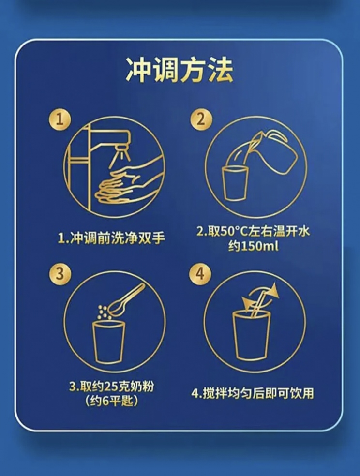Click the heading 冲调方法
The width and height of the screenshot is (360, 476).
tap(180, 70)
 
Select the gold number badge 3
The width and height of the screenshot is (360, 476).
tap(60, 273)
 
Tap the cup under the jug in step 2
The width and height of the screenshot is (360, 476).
tap(235, 183)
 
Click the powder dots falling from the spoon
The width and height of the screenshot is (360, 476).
tap(103, 312)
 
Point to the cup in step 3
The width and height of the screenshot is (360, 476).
tap(108, 342)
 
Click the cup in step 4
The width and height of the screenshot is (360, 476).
tap(251, 335)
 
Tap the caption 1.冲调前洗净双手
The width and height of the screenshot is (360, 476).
tap(111, 238)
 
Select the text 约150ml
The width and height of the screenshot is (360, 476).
tap(253, 246)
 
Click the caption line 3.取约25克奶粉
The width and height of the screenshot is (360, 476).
tap(111, 387)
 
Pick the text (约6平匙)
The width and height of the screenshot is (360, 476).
tap(111, 401)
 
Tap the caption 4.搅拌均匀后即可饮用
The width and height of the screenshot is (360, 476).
tap(252, 393)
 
